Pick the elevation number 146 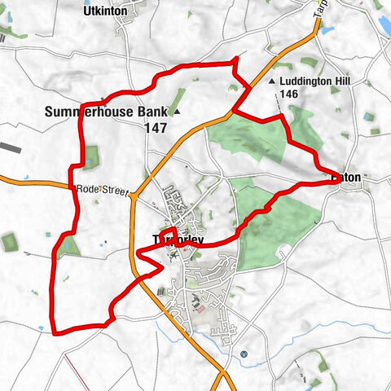point(290,94)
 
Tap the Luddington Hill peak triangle point(272,81)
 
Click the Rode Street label point(103,190)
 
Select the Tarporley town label point(178,239)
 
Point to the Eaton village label point(349,176)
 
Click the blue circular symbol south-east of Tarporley point(244,354)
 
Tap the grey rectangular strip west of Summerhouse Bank point(11,147)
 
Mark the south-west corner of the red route point(55,332)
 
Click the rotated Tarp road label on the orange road point(319,12)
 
